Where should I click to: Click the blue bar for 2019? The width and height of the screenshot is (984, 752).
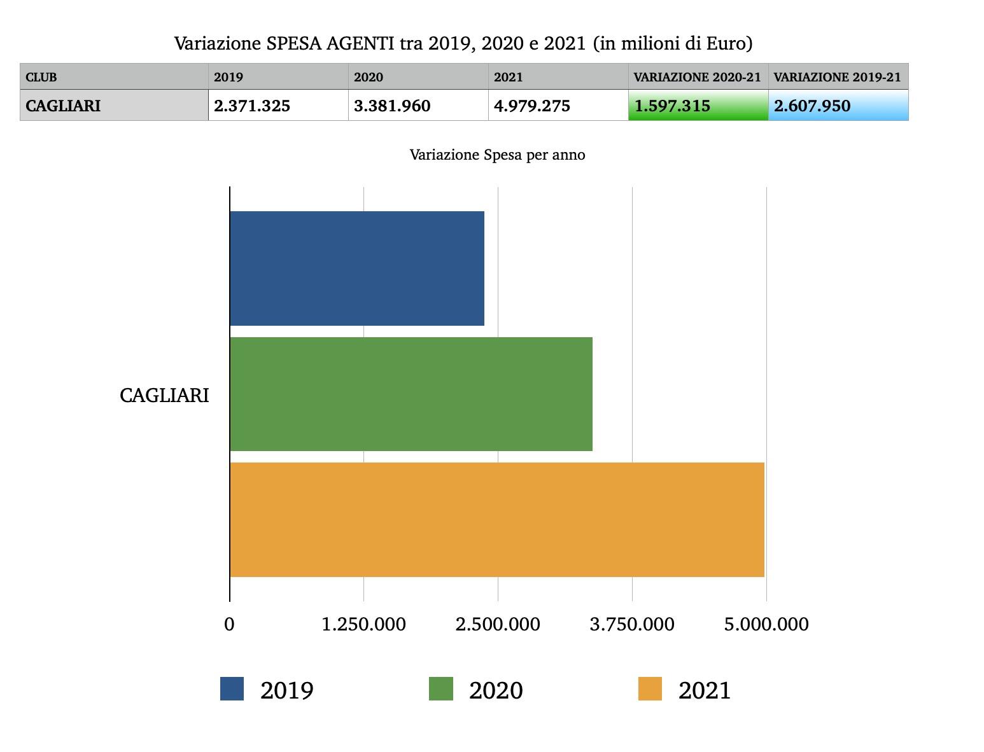[356, 268]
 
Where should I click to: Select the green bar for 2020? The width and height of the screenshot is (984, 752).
[411, 394]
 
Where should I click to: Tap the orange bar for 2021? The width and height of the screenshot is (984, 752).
[496, 519]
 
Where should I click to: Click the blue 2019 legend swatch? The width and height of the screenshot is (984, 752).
[232, 689]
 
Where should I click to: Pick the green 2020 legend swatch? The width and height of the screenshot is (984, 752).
[441, 689]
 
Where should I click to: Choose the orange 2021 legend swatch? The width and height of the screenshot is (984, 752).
[650, 689]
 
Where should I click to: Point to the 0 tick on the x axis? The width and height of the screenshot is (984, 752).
[229, 624]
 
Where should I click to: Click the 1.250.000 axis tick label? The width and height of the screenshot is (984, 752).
[363, 624]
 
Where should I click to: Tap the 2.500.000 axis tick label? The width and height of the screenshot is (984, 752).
[498, 624]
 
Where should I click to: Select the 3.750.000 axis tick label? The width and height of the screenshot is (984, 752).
[632, 624]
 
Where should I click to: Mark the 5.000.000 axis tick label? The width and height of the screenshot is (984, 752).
[766, 624]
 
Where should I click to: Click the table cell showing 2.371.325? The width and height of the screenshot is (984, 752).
[278, 106]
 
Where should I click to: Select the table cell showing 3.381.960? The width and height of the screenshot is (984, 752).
[418, 106]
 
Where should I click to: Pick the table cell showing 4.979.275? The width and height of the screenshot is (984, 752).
[558, 106]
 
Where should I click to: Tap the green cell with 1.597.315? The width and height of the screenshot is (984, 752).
[698, 106]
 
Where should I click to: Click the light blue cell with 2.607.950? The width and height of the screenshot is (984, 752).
[838, 106]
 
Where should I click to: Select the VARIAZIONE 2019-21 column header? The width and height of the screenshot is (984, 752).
[838, 77]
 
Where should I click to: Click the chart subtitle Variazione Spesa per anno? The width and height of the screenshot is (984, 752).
[497, 155]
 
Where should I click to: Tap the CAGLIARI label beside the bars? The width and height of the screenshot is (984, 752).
[164, 395]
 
